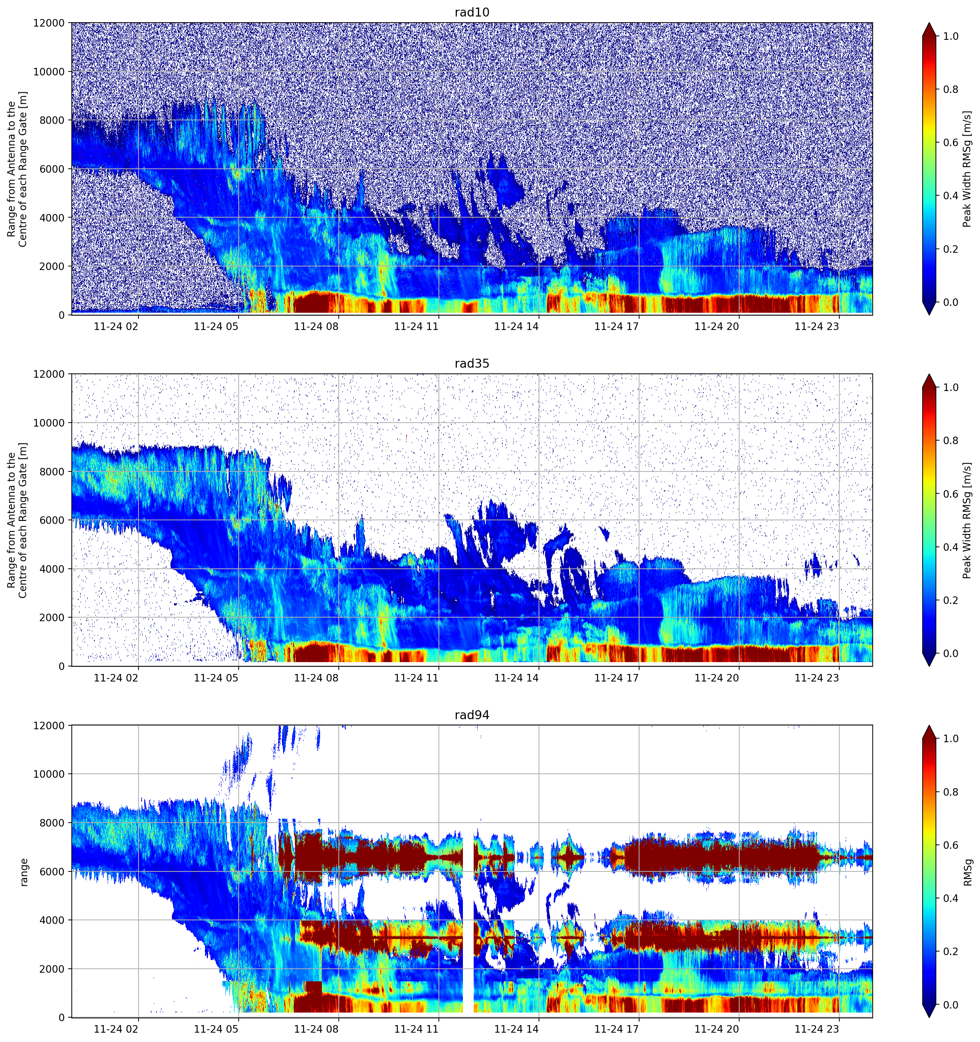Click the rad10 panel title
pos(472,12)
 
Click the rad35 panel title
pos(472,363)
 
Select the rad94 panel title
pos(472,715)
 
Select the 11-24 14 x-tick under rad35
pos(516,678)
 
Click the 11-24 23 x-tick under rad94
pos(817,1029)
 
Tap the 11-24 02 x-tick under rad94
pos(116,1029)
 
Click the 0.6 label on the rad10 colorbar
pos(951,143)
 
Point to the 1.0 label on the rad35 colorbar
pos(951,387)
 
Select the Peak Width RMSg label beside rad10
pos(967,169)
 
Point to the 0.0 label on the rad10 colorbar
pos(951,302)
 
